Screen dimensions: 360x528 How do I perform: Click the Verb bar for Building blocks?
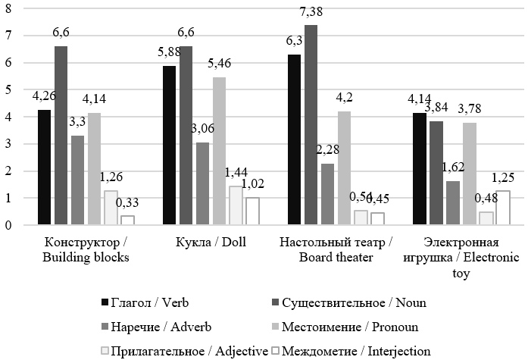45,167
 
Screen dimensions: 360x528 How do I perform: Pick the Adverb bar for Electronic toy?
453,202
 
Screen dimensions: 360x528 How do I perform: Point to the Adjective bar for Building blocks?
111,208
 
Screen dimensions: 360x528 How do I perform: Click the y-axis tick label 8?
9,8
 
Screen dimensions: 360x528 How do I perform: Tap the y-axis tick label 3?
9,144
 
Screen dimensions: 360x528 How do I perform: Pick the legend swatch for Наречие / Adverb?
105,327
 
